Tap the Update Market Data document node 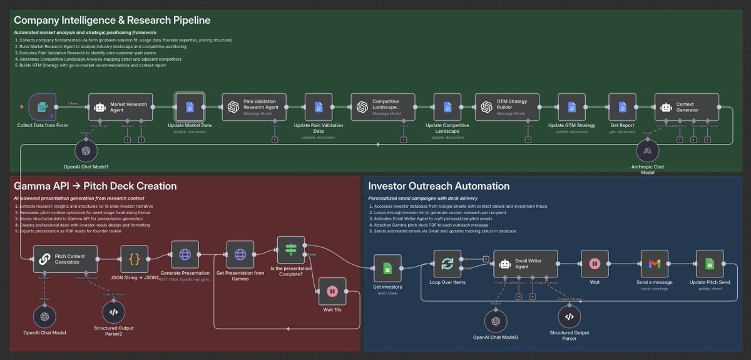[x=190, y=107]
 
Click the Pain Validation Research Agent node [x=256, y=107]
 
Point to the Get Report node [x=622, y=107]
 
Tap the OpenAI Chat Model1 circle [x=86, y=152]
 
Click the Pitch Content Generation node [x=66, y=259]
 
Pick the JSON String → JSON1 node [x=134, y=259]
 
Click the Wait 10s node [x=332, y=291]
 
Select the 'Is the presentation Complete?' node [x=290, y=249]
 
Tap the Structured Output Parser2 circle [x=113, y=312]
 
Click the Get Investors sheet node [x=387, y=268]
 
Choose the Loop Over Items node [x=447, y=264]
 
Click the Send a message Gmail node [x=654, y=264]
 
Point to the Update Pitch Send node [x=710, y=264]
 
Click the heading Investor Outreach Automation [x=439, y=186]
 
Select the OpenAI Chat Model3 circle [x=497, y=321]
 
